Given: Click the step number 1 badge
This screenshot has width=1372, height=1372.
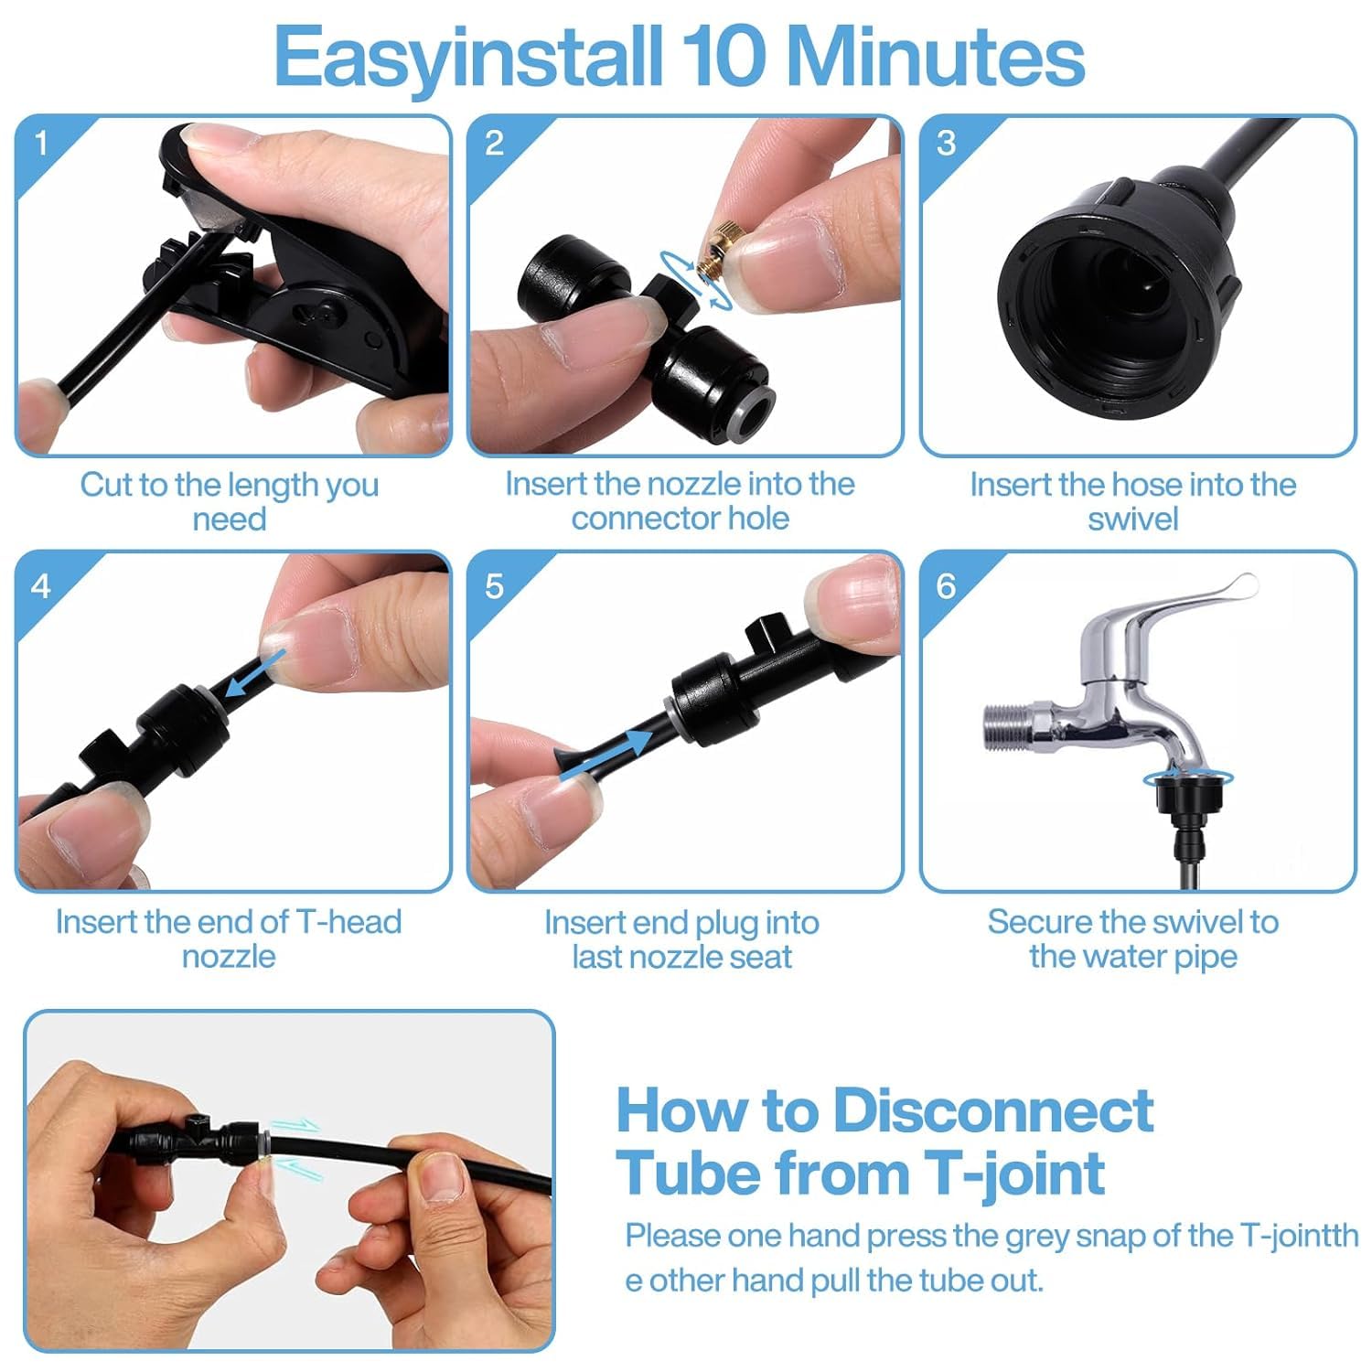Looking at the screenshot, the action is click(41, 143).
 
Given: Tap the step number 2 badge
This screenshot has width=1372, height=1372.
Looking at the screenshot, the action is click(494, 143).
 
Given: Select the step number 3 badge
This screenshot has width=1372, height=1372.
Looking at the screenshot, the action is click(947, 143).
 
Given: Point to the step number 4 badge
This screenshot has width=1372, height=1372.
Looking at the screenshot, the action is click(41, 585).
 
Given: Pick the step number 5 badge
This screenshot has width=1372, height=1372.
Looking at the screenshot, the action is click(494, 585).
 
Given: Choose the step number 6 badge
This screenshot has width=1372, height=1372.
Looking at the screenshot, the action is click(947, 585).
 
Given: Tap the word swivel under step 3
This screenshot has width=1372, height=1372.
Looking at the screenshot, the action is click(1132, 519).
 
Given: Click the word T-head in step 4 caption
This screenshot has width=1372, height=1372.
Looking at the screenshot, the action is click(348, 921).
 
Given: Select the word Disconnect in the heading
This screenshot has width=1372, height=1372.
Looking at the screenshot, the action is click(993, 1110).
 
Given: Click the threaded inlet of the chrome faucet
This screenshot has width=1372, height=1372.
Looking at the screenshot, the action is click(1007, 724).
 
